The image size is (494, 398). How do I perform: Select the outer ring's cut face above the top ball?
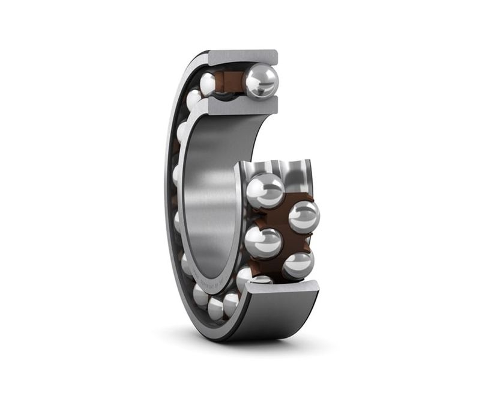(x=243, y=58)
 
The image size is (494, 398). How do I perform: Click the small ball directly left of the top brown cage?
(x=208, y=84)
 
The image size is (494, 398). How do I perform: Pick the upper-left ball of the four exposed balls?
(x=265, y=190)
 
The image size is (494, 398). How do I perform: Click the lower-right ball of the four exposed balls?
(x=298, y=264)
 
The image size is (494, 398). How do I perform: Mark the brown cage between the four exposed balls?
(x=282, y=225)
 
